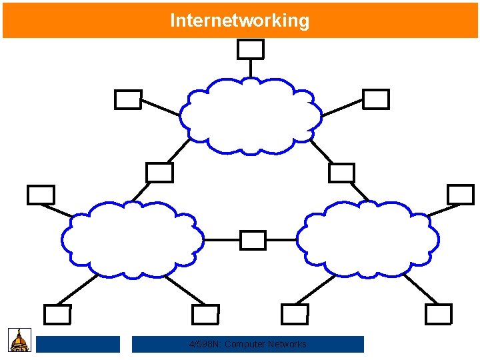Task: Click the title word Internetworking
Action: [239, 21]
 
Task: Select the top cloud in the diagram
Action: [250, 116]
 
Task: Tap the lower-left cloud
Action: [133, 240]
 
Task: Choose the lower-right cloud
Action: [367, 240]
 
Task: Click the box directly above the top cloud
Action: [251, 49]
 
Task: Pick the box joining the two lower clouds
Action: [253, 240]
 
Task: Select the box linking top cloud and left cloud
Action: [159, 173]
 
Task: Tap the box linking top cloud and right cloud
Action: [342, 173]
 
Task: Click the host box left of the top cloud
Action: [128, 100]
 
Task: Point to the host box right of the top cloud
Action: [376, 99]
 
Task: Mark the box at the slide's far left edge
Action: [41, 195]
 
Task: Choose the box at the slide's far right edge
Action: [460, 194]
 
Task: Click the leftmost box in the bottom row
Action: [57, 314]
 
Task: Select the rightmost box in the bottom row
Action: [438, 314]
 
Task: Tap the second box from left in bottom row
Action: [205, 314]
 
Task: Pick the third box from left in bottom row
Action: [295, 314]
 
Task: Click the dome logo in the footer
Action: [19, 340]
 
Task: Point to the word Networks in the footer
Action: [287, 344]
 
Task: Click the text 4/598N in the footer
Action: [205, 344]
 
